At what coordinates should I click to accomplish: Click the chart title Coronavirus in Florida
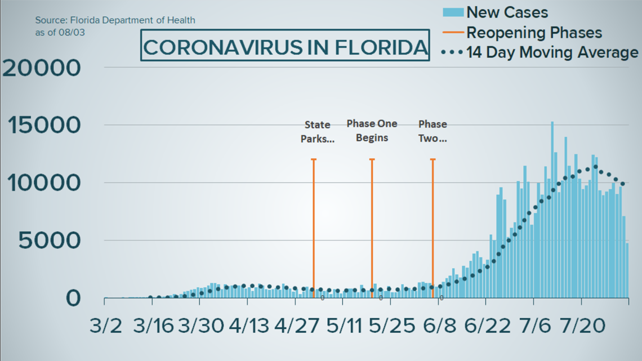click(x=284, y=47)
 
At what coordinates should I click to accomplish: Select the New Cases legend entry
click(x=507, y=12)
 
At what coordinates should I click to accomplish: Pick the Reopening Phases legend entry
click(x=534, y=32)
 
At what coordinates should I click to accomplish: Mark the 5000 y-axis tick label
click(x=49, y=241)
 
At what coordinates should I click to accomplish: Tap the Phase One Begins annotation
click(x=372, y=131)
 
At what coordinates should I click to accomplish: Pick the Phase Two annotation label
click(x=433, y=131)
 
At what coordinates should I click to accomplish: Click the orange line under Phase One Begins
click(x=372, y=225)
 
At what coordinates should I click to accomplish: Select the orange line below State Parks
click(x=314, y=225)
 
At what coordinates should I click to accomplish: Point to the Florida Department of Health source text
click(x=115, y=20)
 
